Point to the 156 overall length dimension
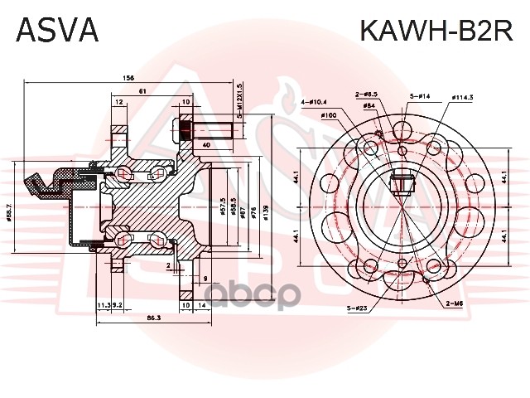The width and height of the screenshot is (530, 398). (x=128, y=77)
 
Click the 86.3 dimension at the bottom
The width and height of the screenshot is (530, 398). (x=154, y=318)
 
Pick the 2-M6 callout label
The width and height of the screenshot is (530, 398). (x=455, y=304)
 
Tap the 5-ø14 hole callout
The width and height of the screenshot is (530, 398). (x=418, y=97)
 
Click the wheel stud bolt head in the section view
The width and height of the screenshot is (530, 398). (x=184, y=130)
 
